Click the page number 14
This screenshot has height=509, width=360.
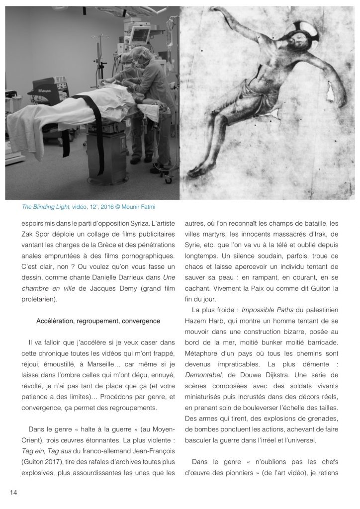(13, 492)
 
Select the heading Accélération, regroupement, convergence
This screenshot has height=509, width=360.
(98, 321)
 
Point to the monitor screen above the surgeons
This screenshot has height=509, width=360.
(141, 36)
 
